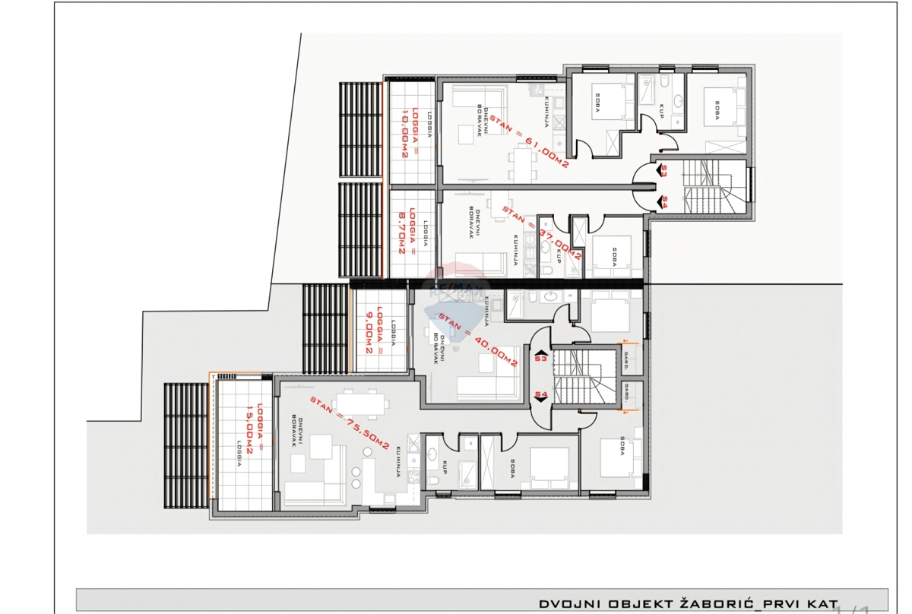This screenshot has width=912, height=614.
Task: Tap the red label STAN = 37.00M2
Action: (541, 234)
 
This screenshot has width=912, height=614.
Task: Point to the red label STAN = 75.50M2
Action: (350, 422)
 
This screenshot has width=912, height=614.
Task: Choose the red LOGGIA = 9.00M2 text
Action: (372, 331)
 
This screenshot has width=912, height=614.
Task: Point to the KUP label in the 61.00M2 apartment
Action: (661, 112)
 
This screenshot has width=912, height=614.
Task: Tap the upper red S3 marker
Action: (663, 171)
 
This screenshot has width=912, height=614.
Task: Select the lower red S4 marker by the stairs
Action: (541, 394)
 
